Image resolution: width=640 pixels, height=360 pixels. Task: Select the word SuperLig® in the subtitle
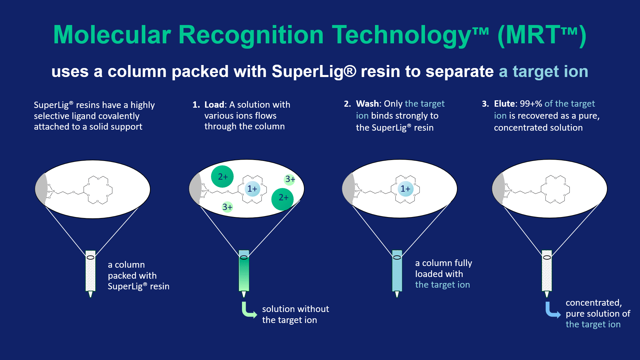(x=314, y=71)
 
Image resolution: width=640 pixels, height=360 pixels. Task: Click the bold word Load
(x=214, y=105)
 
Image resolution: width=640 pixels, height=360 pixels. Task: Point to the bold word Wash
(x=367, y=104)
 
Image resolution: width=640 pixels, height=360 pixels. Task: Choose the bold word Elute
(x=504, y=104)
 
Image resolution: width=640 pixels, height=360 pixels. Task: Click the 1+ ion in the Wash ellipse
(x=405, y=189)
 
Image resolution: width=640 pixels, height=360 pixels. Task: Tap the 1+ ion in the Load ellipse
(x=252, y=189)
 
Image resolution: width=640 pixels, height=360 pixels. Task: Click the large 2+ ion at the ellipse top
(x=222, y=177)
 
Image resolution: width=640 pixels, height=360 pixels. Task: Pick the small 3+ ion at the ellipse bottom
(x=227, y=207)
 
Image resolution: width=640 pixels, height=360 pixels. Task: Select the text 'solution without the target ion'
(x=295, y=314)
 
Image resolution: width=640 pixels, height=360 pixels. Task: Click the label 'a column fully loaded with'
(x=443, y=268)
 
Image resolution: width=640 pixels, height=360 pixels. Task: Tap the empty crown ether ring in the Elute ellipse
(x=555, y=189)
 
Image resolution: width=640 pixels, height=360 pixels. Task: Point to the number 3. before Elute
(x=485, y=104)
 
